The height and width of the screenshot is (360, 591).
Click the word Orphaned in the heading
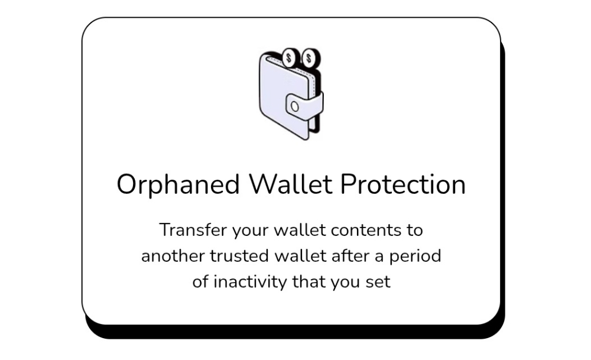point(178,184)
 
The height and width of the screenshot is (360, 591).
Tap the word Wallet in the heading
point(291,184)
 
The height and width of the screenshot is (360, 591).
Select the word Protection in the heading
point(403,184)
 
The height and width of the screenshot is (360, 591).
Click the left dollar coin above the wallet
point(290,58)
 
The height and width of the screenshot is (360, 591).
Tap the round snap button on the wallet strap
point(295,106)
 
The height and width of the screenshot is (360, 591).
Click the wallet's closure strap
point(304,107)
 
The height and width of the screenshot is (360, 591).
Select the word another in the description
point(173,256)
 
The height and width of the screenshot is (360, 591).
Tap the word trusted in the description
point(239,256)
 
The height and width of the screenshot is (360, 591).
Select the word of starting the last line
point(200,281)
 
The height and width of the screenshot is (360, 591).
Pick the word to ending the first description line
point(415,231)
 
